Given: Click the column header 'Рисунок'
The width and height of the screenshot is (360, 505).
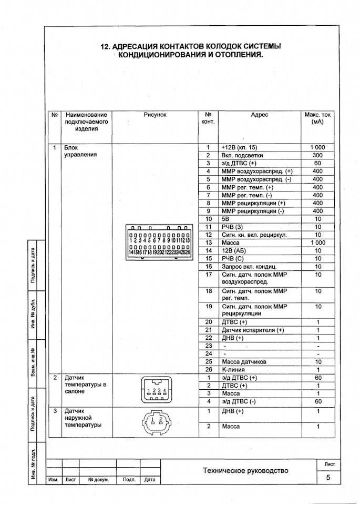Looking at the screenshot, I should pos(155,115).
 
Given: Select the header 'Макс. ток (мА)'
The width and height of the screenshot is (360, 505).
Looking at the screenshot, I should pos(317,118).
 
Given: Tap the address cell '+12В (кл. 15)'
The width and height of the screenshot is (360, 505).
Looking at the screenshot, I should pos(239,147).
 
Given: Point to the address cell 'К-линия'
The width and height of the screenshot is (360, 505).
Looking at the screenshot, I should pos(234,370).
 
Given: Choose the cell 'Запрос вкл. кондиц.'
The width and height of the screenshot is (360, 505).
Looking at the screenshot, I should pos(249,267).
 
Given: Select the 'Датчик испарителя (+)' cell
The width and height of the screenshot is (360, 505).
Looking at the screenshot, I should pos(252,330).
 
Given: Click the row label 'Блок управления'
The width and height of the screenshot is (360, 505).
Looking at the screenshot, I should pos(80,151).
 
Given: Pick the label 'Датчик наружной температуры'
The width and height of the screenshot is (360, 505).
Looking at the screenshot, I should pos(82,418).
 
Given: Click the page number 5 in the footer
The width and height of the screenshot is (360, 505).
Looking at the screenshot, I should pos(328,477).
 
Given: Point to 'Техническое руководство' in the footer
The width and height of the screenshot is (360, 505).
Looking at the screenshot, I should pos(245,471).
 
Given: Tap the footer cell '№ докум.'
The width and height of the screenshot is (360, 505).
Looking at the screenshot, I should pos(98,480).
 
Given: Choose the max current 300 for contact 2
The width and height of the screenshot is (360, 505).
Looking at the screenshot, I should pos(317,156).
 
